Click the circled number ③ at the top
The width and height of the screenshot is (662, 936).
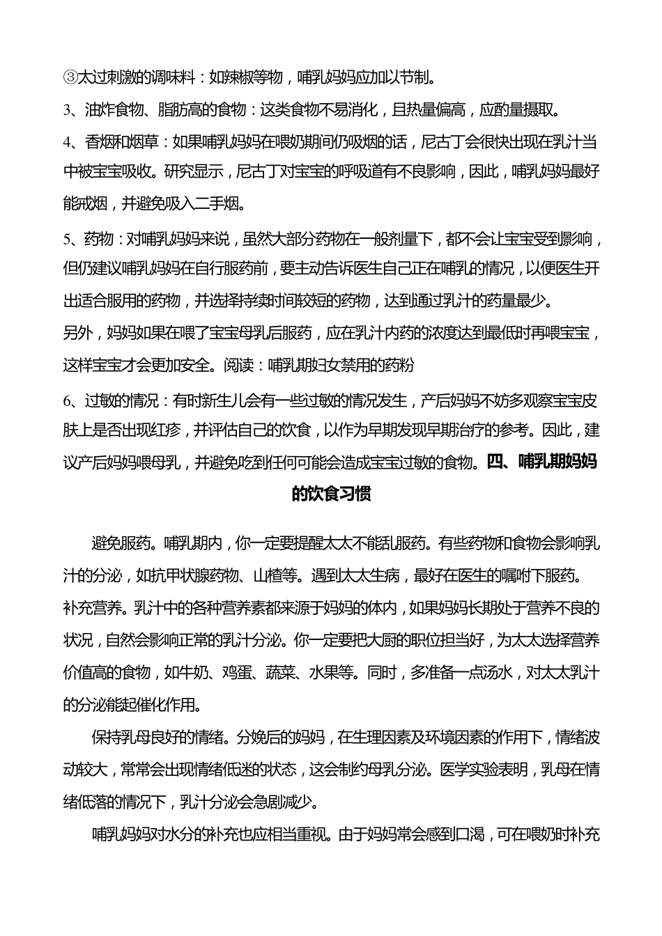coord(70,77)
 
